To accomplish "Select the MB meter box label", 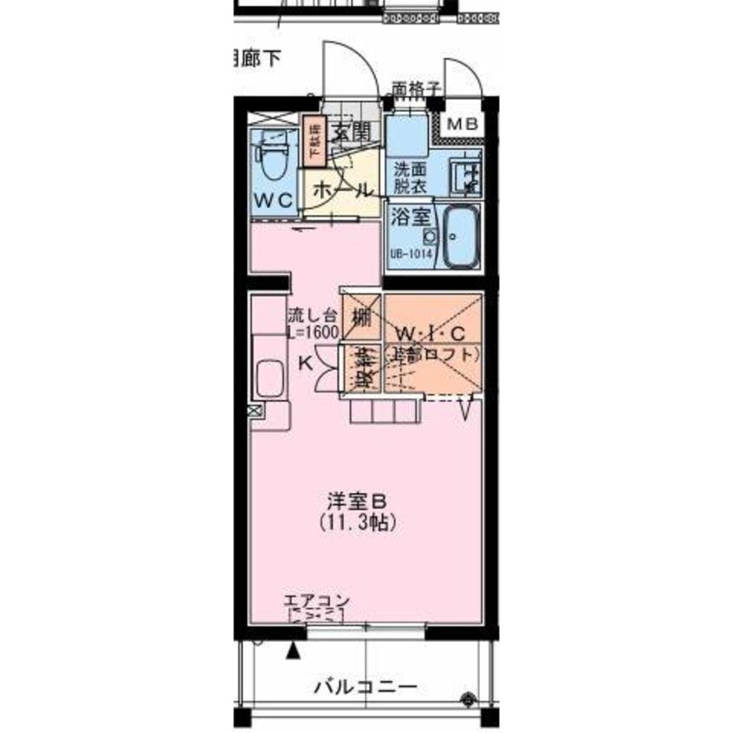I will [x=461, y=124].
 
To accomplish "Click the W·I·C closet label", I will [x=431, y=334].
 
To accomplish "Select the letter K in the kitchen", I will [x=305, y=363].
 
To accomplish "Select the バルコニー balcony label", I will [x=365, y=689].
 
